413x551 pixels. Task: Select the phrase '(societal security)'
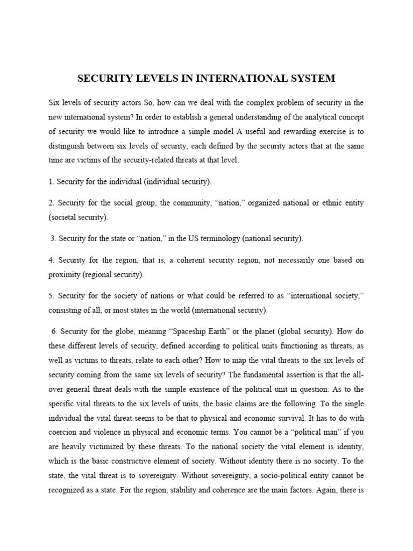(78, 217)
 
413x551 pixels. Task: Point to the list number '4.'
(51, 260)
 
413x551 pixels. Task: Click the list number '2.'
(51, 203)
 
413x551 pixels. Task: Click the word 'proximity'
(63, 274)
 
